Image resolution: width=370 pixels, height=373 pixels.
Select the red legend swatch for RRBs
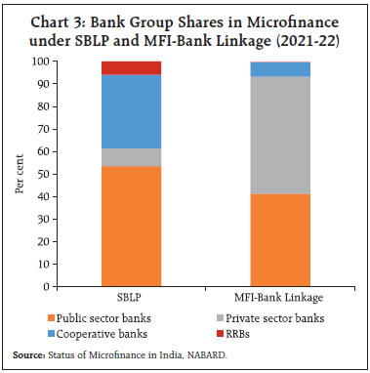click(x=219, y=331)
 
